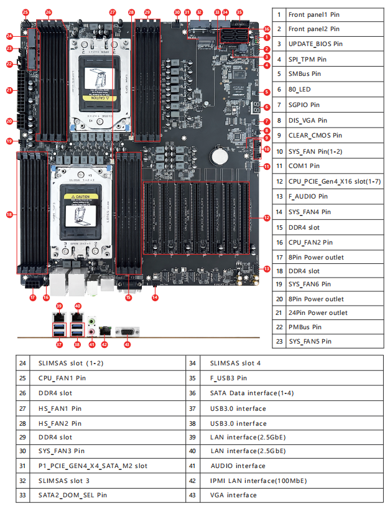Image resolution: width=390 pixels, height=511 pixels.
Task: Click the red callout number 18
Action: pos(9,215)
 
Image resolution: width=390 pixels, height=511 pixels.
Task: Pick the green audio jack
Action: pos(91,322)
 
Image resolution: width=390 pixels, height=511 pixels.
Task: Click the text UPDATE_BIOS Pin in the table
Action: pos(316,44)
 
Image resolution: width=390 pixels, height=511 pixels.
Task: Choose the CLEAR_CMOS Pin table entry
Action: pos(315,135)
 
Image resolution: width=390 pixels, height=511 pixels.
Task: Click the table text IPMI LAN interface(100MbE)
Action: pos(258,481)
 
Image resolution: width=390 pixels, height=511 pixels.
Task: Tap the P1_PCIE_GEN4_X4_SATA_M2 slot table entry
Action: pos(93,466)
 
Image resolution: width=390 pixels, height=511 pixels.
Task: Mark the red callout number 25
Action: pos(25,12)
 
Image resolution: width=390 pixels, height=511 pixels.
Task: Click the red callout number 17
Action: pos(32,298)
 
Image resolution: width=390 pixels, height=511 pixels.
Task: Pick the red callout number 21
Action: pos(9,91)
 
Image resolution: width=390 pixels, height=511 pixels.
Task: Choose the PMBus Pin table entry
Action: pos(305,327)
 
